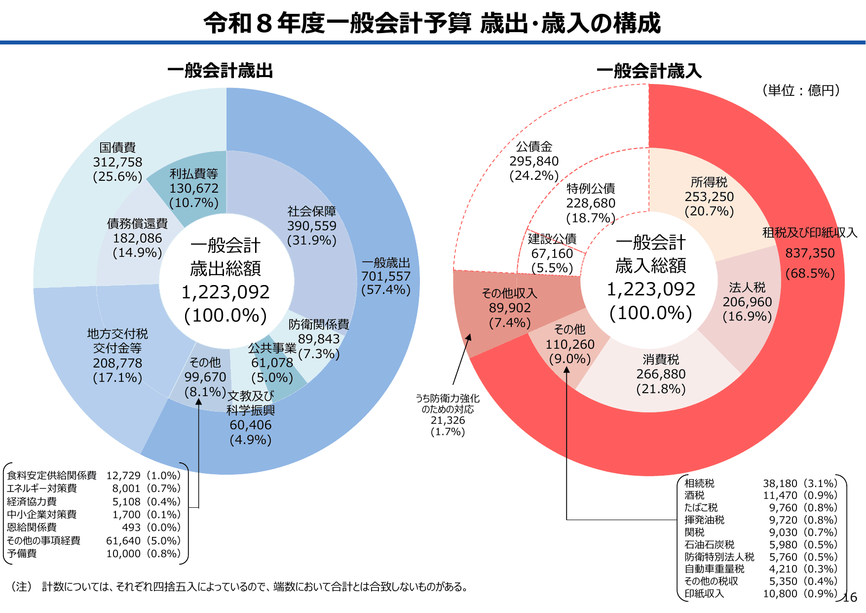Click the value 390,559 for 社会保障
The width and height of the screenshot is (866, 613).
coord(311,226)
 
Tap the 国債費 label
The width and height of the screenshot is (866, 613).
coord(117,147)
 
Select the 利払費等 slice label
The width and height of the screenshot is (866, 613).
coord(193,174)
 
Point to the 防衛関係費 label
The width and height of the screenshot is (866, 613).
coord(319,324)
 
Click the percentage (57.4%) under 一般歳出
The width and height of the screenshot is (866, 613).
coord(385,290)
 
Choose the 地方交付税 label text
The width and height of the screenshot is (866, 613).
coord(117,334)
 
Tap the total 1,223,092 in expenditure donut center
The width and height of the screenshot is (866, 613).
coord(226,292)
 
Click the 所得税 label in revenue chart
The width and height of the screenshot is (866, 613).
coord(709,182)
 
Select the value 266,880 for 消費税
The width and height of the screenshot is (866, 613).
coord(661,374)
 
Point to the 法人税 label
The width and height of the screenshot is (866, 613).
coord(747,287)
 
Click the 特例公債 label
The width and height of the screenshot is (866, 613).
coord(591,189)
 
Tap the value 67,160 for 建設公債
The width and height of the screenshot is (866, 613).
coord(552,253)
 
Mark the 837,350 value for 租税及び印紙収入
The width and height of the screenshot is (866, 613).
coord(810,253)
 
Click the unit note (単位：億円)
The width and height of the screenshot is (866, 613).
coord(801,90)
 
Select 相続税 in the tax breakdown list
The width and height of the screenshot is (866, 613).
coord(699,483)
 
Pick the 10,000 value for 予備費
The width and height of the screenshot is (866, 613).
coord(123,554)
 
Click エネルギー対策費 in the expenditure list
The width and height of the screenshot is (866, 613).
coord(42,488)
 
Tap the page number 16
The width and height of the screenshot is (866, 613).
coord(850,597)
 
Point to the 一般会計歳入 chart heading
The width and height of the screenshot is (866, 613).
coord(649,71)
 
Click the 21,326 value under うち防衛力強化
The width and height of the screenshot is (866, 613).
coord(448,420)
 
